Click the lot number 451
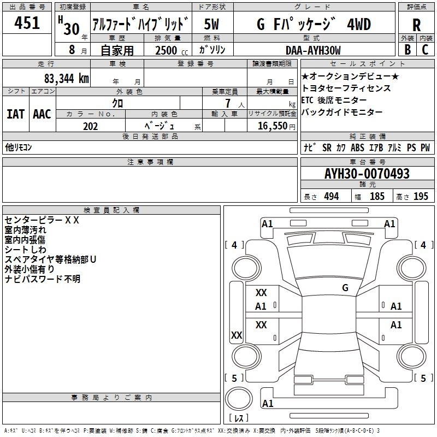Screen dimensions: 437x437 coord(27,22)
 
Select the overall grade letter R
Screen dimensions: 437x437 coord(416,25)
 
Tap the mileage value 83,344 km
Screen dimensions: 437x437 coord(66,79)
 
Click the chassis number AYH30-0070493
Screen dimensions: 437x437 coord(367,174)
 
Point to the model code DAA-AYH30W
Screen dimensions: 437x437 coord(313,50)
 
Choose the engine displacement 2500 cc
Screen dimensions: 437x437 coord(172,50)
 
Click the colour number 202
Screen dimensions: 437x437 coord(90,126)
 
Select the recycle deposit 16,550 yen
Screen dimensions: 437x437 coord(276,126)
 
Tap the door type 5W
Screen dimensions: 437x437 coord(211,24)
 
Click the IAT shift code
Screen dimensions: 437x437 coord(16,114)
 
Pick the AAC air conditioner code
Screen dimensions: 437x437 coord(42,114)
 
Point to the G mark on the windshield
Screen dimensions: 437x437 coord(345,288)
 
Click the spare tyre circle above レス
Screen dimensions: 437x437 coord(239,399)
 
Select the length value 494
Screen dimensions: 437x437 coord(332,196)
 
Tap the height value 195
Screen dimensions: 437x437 coord(421,196)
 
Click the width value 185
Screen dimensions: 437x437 coord(377,196)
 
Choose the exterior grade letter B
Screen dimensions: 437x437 coord(408,50)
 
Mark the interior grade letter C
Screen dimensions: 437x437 coord(425,50)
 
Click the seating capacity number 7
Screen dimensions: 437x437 coord(228,103)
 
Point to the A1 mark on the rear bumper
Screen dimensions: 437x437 coord(268,403)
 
